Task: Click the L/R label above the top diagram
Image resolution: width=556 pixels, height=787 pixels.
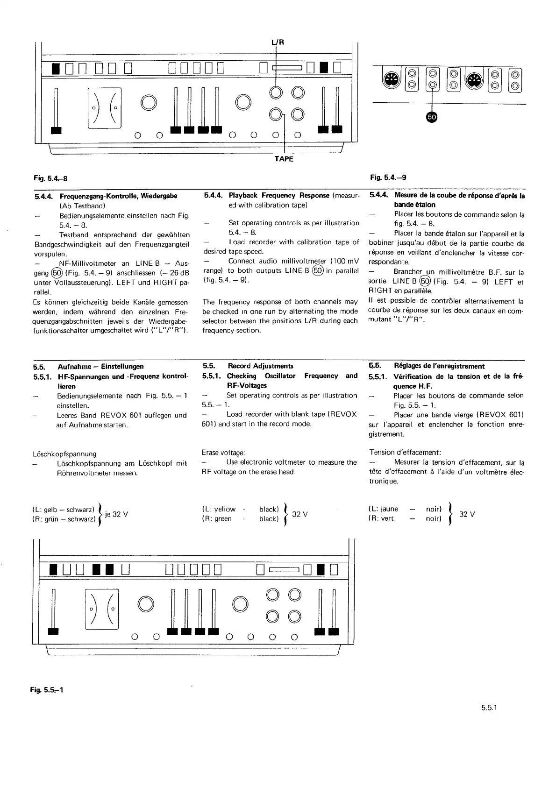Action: click(278, 42)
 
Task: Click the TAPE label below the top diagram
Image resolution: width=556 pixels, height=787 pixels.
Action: click(284, 159)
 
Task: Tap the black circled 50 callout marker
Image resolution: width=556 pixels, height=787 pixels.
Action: click(432, 117)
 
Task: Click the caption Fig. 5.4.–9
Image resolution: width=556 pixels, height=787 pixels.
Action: click(388, 177)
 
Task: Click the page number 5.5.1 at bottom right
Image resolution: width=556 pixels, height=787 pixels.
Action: click(490, 708)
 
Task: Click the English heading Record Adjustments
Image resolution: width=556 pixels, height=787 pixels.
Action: click(260, 366)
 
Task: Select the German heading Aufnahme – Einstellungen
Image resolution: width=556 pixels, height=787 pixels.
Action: click(100, 367)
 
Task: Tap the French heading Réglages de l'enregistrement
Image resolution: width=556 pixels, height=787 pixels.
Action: click(439, 366)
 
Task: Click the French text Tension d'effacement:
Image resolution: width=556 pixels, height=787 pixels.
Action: click(405, 452)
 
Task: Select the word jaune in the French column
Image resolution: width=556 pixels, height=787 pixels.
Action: click(390, 509)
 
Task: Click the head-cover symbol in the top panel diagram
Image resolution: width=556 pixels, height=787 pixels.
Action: click(104, 108)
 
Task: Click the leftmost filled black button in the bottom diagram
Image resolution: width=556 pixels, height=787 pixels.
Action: click(54, 570)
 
